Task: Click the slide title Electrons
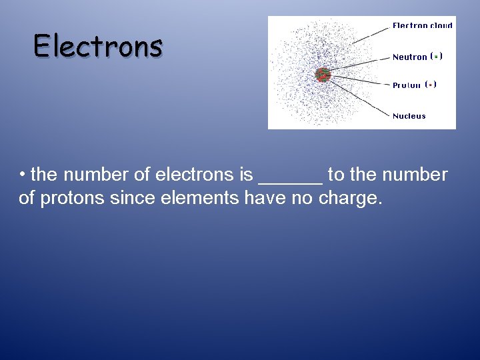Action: point(98,46)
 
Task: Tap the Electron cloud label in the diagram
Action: point(422,25)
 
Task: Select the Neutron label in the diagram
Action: point(409,57)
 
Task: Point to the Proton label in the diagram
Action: point(407,85)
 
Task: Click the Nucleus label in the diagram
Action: point(409,116)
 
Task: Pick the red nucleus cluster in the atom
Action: point(323,74)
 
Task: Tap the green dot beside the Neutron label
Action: point(435,57)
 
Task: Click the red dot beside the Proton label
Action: point(431,85)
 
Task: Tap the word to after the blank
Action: point(336,175)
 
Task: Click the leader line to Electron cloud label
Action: point(370,35)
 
